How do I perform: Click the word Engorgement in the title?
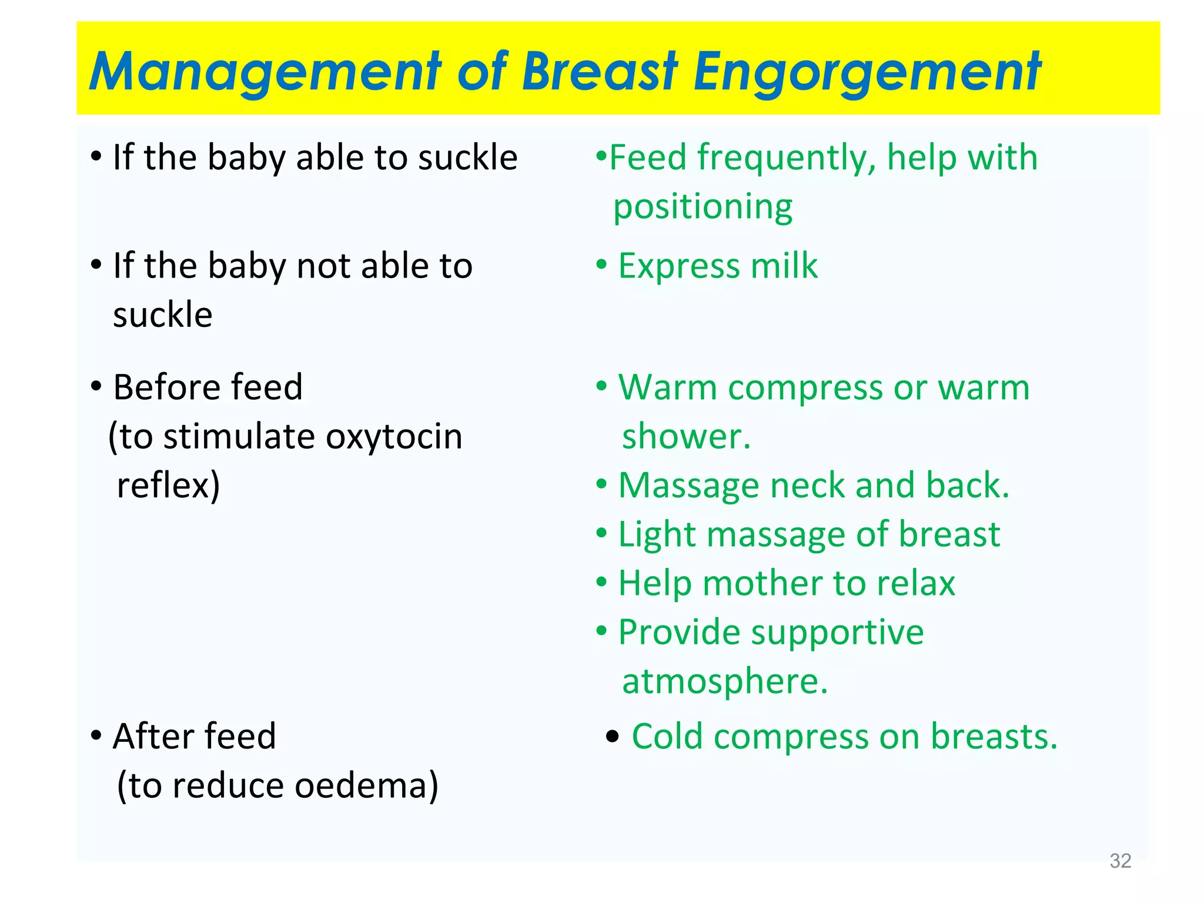coord(867,72)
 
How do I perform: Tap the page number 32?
coord(1120,861)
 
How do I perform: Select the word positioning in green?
coord(703,207)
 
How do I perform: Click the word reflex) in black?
coord(168,486)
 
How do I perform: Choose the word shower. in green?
coord(686,437)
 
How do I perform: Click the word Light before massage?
coord(657,535)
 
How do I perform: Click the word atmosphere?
coord(724,681)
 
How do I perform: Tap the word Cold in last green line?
coord(667,737)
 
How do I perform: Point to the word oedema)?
coord(366,786)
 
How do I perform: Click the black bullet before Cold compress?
coord(612,737)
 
